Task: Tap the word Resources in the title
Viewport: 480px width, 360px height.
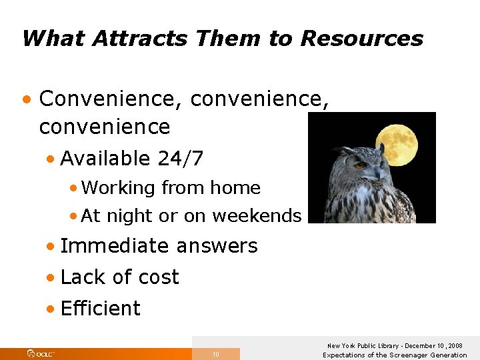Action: (x=361, y=38)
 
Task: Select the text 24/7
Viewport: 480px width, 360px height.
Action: (x=181, y=159)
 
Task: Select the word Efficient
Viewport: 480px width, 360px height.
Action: (x=101, y=309)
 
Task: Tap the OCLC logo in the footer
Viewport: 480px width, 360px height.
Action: (x=41, y=353)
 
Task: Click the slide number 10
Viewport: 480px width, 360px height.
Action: (x=215, y=355)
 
